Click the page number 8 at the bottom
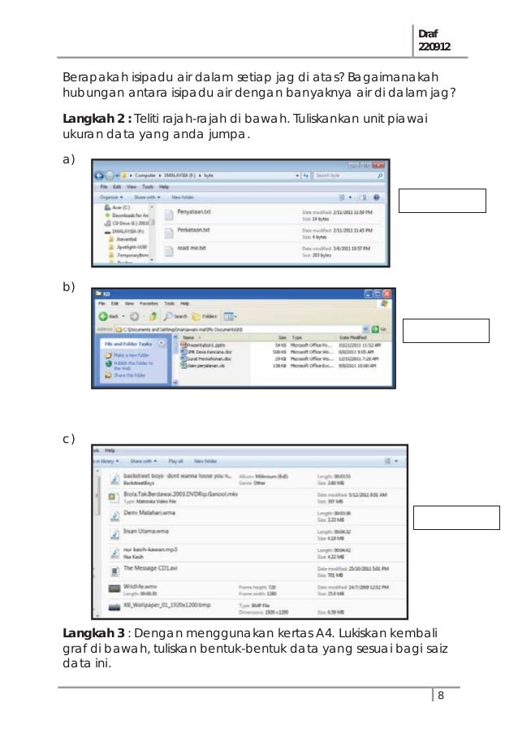pos(440,695)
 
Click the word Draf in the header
pos(427,34)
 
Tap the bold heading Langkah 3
pos(97,632)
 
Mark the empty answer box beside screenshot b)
pos(447,331)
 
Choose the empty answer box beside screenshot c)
pos(456,517)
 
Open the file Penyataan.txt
pos(193,211)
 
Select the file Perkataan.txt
pos(193,230)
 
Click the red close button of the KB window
pos(387,293)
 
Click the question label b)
pos(68,287)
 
